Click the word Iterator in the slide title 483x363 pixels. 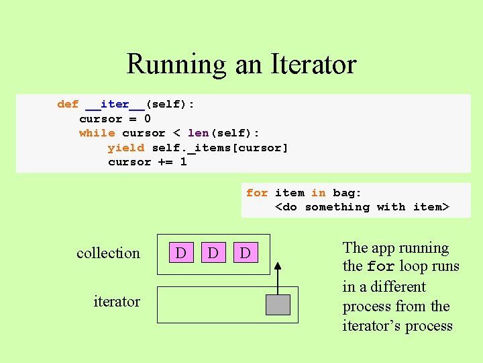click(313, 65)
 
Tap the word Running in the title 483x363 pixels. click(176, 65)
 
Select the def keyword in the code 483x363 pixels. click(68, 104)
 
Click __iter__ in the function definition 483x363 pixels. click(115, 104)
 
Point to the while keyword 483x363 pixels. click(97, 133)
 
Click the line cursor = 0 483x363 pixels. click(115, 119)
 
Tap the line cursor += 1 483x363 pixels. click(147, 162)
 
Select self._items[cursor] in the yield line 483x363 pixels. click(220, 147)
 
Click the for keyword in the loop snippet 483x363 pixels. click(257, 193)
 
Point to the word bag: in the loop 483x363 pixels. click(347, 193)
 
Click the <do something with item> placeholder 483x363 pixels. click(362, 207)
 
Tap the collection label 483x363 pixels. click(108, 253)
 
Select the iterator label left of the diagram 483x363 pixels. click(117, 301)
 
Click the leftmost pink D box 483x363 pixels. click(180, 253)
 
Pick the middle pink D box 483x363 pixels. click(213, 253)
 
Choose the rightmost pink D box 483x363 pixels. click(245, 253)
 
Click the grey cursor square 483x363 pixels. click(278, 305)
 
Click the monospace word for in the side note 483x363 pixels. click(380, 267)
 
